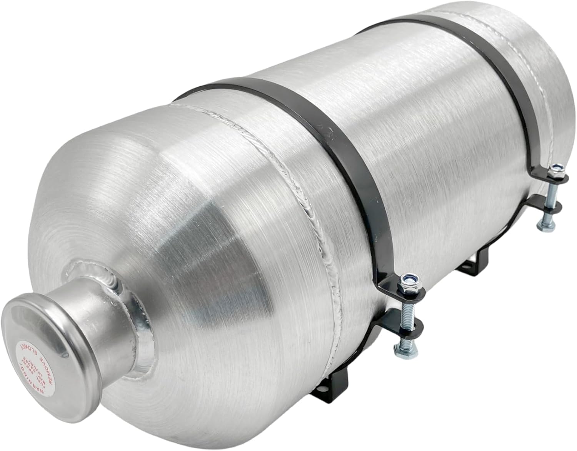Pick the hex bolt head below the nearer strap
click(x=399, y=349)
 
